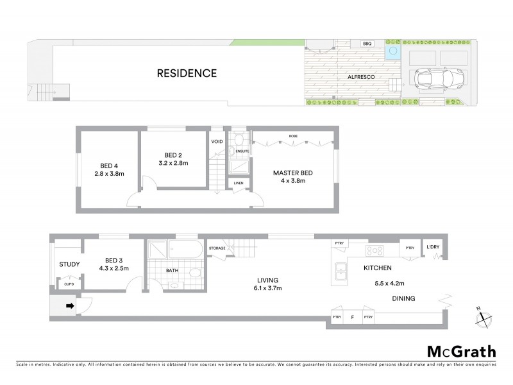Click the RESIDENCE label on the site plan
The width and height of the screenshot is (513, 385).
click(x=187, y=73)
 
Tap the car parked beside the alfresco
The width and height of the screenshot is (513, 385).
click(x=432, y=79)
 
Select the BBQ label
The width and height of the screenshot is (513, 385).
click(x=367, y=44)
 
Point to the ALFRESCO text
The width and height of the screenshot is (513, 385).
click(x=361, y=77)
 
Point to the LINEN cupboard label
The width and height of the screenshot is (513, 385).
click(x=238, y=183)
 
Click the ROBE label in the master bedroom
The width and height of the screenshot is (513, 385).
click(x=292, y=137)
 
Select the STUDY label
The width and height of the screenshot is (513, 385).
click(x=69, y=264)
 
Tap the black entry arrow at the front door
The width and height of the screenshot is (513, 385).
click(x=70, y=306)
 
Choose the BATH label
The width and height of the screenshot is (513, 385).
click(x=172, y=271)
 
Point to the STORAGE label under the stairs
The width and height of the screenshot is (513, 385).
click(x=217, y=248)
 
